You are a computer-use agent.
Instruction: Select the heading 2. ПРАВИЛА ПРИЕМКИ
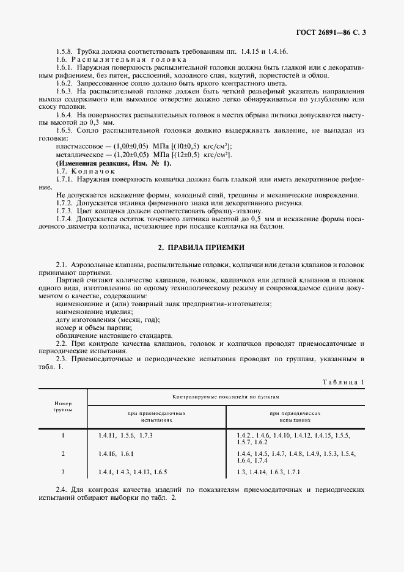click(202, 247)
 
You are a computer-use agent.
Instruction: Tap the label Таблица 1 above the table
click(343, 382)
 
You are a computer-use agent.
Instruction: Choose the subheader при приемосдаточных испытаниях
click(156, 417)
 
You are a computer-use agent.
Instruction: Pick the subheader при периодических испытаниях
click(295, 417)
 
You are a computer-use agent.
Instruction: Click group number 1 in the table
click(63, 435)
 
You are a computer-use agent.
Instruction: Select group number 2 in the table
click(63, 453)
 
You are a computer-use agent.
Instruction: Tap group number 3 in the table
click(63, 472)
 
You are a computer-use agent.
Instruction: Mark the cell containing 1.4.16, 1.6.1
click(115, 453)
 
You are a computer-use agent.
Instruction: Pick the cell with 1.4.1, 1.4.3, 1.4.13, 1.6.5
click(132, 472)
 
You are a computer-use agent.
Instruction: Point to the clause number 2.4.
click(62, 490)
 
